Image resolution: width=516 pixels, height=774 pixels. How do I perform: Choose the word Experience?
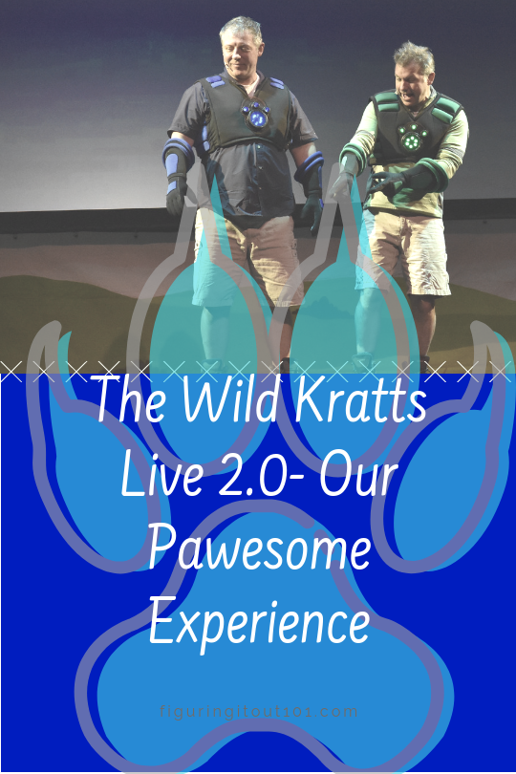pos(258,623)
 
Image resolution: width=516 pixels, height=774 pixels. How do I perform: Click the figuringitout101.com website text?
pos(258,711)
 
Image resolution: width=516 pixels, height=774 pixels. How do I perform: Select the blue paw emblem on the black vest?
pos(256,116)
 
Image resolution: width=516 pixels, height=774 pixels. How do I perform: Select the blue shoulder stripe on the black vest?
pos(215,84)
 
